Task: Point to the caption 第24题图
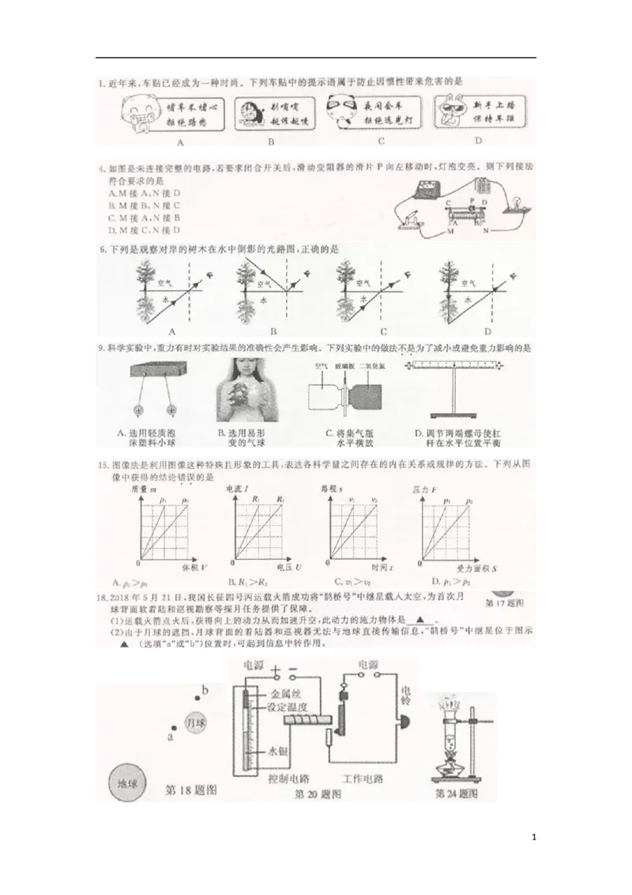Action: pos(457,792)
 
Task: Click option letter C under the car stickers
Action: pos(380,142)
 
